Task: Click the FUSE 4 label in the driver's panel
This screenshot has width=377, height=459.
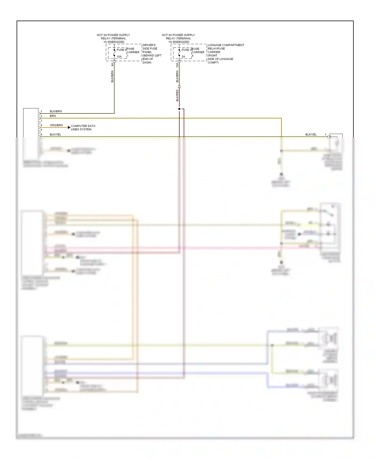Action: (121, 50)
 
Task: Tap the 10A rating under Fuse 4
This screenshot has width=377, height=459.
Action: (119, 57)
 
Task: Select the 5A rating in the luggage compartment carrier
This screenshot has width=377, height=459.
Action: (183, 57)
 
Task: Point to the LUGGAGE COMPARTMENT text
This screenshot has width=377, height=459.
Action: (226, 45)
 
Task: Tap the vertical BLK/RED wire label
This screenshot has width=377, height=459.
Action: (177, 95)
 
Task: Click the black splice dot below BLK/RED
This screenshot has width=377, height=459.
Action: (179, 109)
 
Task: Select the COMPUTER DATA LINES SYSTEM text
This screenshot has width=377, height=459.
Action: (83, 128)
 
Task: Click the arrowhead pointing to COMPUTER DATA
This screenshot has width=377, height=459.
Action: (69, 128)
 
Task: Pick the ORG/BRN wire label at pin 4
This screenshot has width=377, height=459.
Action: (56, 125)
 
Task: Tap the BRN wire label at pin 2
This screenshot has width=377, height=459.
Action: (53, 116)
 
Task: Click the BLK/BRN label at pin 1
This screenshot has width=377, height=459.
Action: (56, 111)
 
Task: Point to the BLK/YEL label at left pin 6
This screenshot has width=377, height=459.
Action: (55, 135)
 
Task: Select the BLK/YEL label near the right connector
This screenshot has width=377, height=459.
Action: (311, 135)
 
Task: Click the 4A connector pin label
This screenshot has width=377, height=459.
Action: (112, 65)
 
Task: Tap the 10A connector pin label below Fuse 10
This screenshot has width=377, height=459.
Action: (177, 65)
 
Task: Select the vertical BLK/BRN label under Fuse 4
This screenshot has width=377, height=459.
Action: (112, 77)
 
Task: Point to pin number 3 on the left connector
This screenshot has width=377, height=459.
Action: (41, 121)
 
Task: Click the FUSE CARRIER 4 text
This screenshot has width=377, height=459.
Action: (198, 52)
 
